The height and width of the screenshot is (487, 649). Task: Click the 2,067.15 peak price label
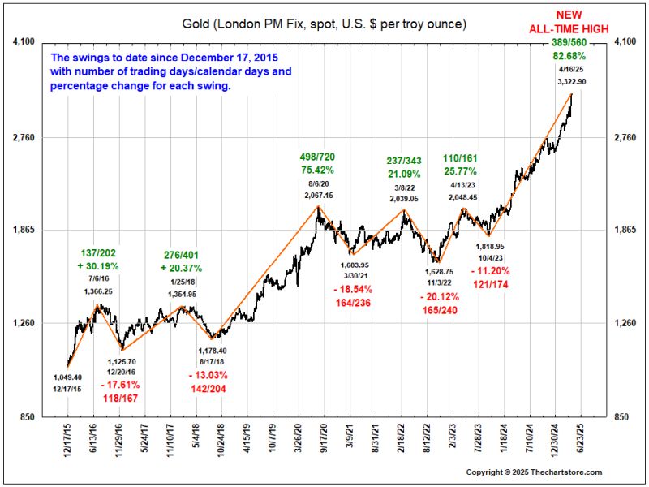pyautogui.click(x=319, y=196)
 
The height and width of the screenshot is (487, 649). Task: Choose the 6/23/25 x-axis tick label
pyautogui.click(x=582, y=440)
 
